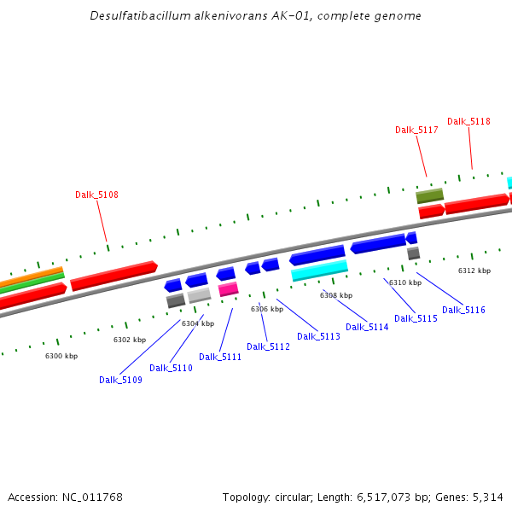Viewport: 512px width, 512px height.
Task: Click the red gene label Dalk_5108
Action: coord(96,195)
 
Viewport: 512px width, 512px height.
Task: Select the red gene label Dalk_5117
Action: coord(416,130)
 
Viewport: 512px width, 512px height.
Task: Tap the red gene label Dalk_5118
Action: coord(468,121)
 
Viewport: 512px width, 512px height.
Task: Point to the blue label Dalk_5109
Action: coord(120,380)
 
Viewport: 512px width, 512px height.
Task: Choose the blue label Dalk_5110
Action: coord(171,368)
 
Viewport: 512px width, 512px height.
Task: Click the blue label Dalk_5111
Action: coord(220,357)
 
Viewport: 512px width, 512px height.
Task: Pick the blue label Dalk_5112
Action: coord(268,346)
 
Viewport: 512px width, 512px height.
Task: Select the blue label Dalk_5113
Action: coord(318,336)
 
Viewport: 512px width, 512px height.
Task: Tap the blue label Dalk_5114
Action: coord(367,327)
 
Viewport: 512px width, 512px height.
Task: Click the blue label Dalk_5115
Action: coord(416,318)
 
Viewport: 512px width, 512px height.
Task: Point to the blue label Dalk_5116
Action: coord(463,310)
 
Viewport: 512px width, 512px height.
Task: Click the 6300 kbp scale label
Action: coord(61,355)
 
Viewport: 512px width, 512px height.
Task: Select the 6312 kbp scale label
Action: coord(474,271)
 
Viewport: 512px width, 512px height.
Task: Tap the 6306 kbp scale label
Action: coord(267,309)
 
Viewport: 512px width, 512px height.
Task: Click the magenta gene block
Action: coord(228,289)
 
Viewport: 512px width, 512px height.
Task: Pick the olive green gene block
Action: coord(429,195)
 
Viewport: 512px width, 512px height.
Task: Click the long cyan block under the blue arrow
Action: coord(319,271)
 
